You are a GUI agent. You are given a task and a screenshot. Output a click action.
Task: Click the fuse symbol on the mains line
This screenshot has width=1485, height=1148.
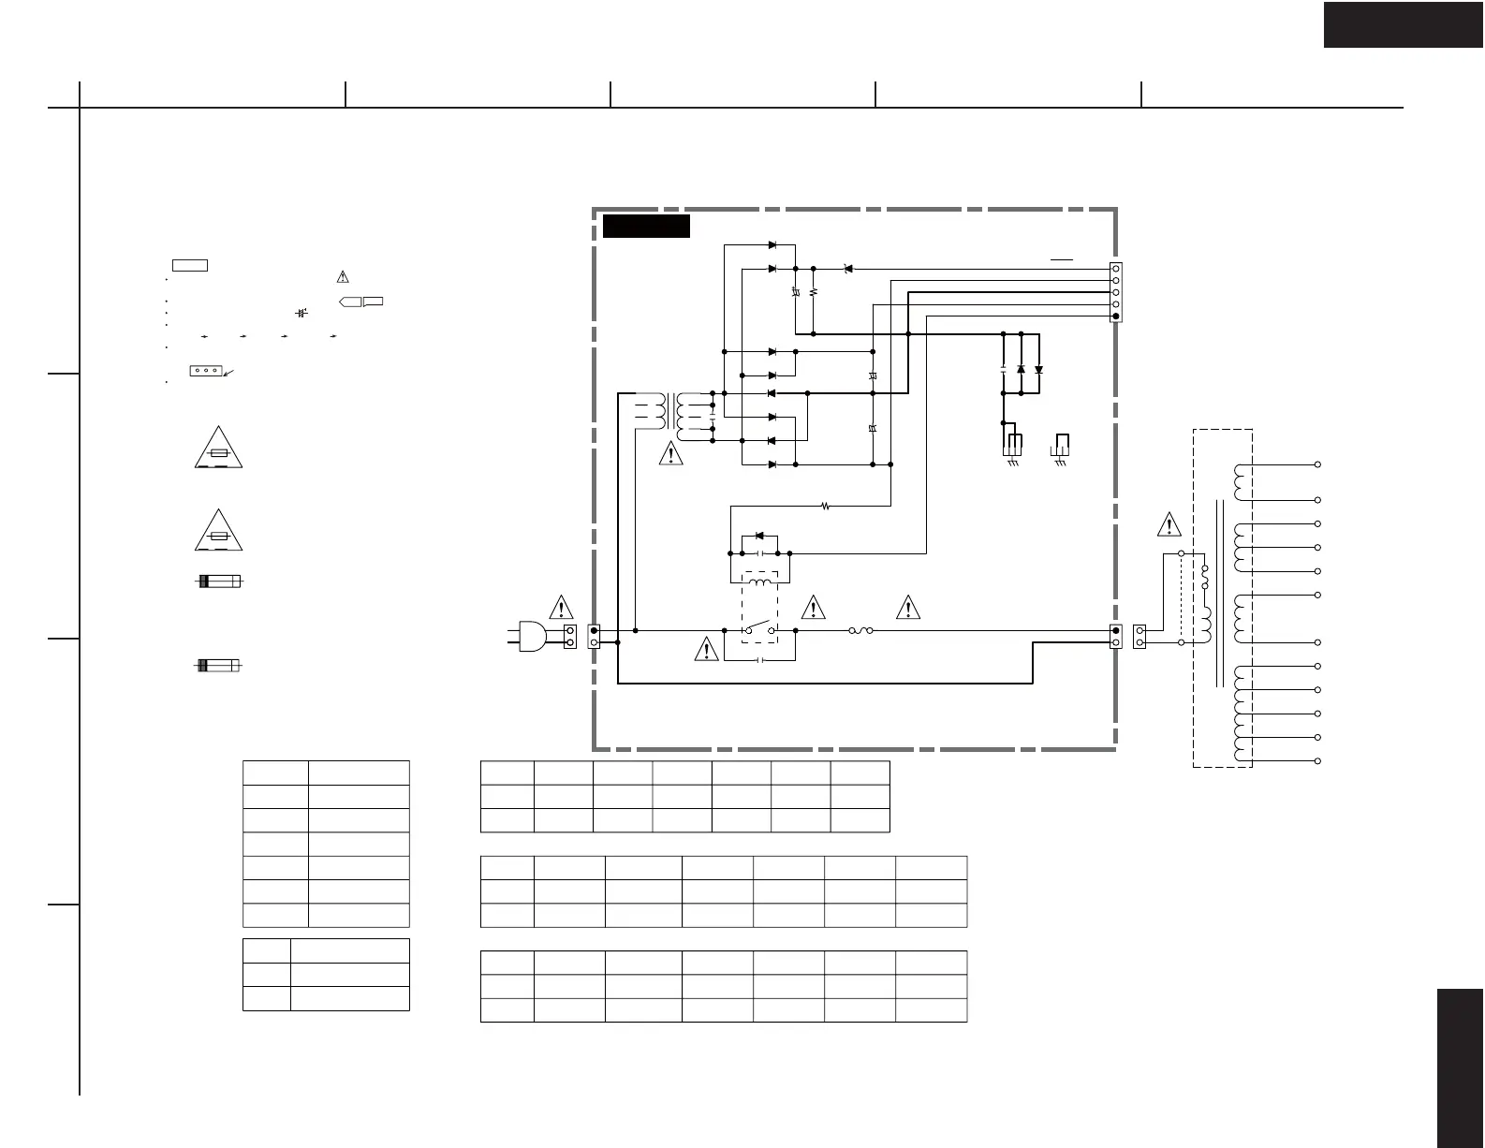[x=861, y=631]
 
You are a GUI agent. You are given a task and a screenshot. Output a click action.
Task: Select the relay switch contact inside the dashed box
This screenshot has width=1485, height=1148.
[x=759, y=627]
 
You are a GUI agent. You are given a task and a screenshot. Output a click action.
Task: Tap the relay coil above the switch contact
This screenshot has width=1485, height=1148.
[x=759, y=582]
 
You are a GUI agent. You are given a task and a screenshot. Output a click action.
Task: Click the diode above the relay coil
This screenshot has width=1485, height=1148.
[x=759, y=536]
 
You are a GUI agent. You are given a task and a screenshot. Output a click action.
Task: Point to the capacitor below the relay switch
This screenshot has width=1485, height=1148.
[x=760, y=660]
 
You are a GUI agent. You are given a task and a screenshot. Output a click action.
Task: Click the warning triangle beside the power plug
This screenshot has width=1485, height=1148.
[x=560, y=608]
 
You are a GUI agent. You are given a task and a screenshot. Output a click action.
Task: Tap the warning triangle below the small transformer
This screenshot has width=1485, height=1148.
[x=670, y=454]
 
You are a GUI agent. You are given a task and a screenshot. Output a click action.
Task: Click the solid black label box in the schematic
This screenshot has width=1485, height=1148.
[x=646, y=226]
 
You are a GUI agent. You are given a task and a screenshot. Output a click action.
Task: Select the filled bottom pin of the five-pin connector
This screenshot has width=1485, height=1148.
[x=1115, y=316]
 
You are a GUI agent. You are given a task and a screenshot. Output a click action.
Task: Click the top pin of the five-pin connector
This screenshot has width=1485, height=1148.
[x=1115, y=269]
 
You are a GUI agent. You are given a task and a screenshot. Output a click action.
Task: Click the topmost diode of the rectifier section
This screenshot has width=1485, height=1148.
[x=772, y=245]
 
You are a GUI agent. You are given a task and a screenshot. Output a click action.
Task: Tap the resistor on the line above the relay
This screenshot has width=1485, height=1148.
[x=825, y=507]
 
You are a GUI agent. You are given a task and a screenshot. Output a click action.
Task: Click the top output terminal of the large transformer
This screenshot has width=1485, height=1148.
[x=1317, y=464]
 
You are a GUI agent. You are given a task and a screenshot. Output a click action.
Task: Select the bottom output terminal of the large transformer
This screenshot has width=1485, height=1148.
[x=1317, y=761]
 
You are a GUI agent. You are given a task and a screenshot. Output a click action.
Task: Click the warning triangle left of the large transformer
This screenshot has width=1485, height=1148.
[x=1169, y=525]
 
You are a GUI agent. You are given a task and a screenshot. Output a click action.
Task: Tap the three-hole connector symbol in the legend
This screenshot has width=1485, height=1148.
[x=205, y=371]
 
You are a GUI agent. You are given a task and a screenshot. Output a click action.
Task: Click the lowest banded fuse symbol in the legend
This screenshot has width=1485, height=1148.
[x=217, y=665]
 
